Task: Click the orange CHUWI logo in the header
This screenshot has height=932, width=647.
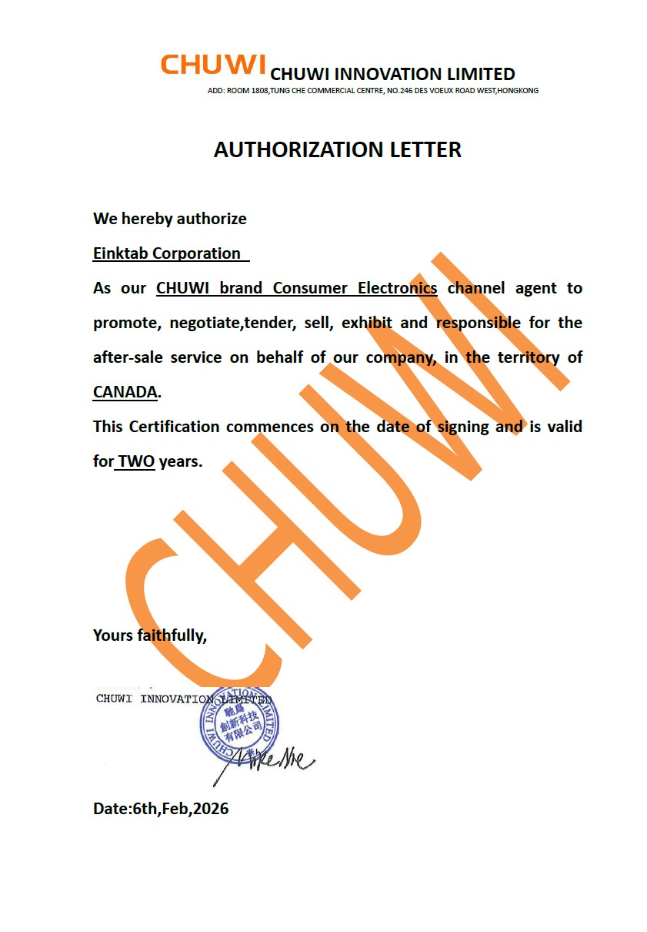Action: (x=213, y=65)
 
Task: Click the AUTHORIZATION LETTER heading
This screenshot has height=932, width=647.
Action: (x=337, y=149)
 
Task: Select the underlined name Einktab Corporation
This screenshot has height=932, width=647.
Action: (x=167, y=253)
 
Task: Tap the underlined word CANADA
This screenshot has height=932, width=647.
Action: (x=125, y=391)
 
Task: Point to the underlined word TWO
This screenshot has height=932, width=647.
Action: (x=136, y=461)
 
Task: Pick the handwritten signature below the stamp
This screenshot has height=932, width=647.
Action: (x=265, y=760)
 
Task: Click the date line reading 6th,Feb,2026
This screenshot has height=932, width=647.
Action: (x=161, y=809)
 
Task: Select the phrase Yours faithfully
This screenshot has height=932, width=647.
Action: (x=150, y=635)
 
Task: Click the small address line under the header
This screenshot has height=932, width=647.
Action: (x=373, y=91)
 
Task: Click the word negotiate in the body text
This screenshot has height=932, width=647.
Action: (x=205, y=323)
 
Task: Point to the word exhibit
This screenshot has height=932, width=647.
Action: (x=366, y=323)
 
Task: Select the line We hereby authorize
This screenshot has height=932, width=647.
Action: (x=170, y=219)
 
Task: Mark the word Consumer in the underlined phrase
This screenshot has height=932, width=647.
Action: (x=307, y=288)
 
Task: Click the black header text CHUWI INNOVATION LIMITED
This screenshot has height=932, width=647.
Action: (x=392, y=75)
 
